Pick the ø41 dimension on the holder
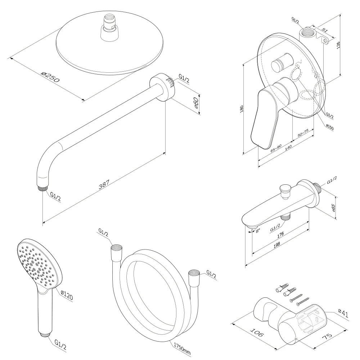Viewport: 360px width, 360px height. [343, 314]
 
